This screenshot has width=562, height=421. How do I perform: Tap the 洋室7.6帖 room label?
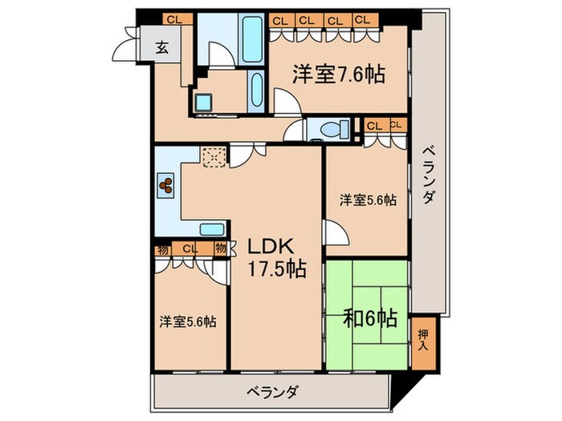[x=337, y=75]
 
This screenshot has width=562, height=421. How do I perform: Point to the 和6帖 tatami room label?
[x=369, y=319]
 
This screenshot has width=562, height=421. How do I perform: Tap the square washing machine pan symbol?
[x=202, y=103]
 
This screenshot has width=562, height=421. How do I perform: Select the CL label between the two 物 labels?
[x=190, y=249]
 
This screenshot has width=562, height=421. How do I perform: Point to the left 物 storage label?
[x=163, y=249]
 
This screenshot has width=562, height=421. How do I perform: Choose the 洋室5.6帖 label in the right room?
[x=366, y=200]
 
